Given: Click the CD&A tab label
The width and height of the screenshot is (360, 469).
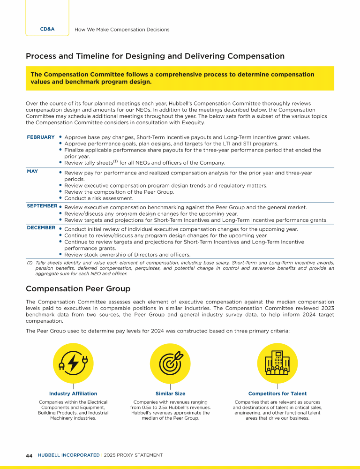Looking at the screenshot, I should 47,29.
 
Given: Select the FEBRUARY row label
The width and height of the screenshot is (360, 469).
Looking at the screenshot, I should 41,137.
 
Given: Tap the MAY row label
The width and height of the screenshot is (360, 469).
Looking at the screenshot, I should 32,172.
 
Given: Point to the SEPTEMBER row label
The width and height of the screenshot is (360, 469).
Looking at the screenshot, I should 42,206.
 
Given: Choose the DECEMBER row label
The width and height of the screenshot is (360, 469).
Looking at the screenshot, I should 41,228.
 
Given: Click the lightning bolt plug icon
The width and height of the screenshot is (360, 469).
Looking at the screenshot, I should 73,363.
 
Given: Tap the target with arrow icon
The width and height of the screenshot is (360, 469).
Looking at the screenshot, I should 170,363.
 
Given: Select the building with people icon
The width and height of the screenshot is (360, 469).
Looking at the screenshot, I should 277,363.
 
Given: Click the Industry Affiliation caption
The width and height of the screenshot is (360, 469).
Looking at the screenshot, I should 73,393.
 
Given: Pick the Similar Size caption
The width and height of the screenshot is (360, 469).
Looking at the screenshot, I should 170,393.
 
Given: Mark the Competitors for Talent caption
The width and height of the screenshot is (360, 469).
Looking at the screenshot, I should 277,393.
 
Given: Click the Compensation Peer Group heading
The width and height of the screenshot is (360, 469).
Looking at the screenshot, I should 78,288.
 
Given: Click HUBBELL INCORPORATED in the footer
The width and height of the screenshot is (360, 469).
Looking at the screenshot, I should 68,455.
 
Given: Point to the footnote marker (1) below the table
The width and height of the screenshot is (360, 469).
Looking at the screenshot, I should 29,263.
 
